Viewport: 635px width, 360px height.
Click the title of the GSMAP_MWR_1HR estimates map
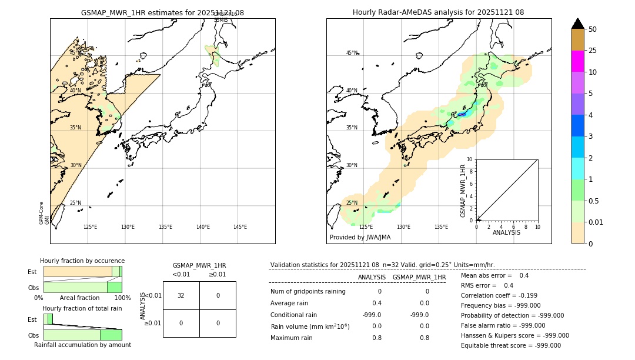tap(162, 12)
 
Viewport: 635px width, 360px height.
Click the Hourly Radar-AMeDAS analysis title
tap(438, 12)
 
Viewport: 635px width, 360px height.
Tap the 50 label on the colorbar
tap(593, 29)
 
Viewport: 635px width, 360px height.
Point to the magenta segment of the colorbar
tap(578, 61)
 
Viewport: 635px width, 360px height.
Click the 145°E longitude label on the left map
tap(240, 227)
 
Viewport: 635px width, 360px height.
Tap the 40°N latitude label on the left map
tap(75, 91)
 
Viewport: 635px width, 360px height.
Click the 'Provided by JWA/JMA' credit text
tap(360, 238)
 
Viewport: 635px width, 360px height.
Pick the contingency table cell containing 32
tap(181, 295)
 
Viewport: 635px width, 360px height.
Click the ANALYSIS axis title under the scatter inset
tap(506, 232)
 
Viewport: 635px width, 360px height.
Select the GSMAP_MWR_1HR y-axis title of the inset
tap(463, 191)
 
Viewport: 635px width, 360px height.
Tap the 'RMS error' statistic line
tap(487, 286)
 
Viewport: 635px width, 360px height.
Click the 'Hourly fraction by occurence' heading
tap(82, 261)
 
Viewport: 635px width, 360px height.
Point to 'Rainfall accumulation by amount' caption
tap(82, 345)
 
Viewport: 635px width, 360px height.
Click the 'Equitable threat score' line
tap(510, 346)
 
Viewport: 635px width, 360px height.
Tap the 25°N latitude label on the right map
tap(352, 203)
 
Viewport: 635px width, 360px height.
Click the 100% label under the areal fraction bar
tap(122, 298)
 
